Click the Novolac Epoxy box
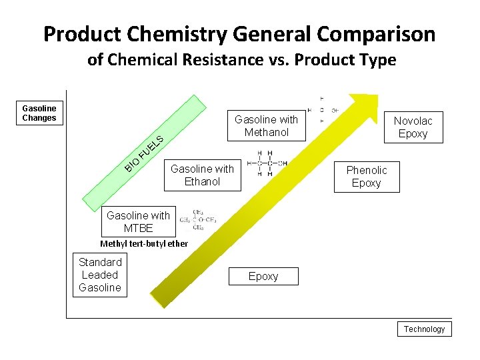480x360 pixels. tap(413, 127)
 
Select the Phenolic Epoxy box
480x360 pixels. tap(366, 177)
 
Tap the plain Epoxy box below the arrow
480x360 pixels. tap(263, 276)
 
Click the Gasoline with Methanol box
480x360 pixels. tap(266, 126)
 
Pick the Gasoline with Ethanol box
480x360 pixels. tap(202, 175)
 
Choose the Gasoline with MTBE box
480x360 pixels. tap(138, 221)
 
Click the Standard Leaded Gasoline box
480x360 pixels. tap(100, 275)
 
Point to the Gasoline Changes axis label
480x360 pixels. tap(39, 113)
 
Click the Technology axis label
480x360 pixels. tap(424, 329)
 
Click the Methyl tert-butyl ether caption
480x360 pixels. tap(144, 243)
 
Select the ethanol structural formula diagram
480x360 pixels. tap(267, 164)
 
